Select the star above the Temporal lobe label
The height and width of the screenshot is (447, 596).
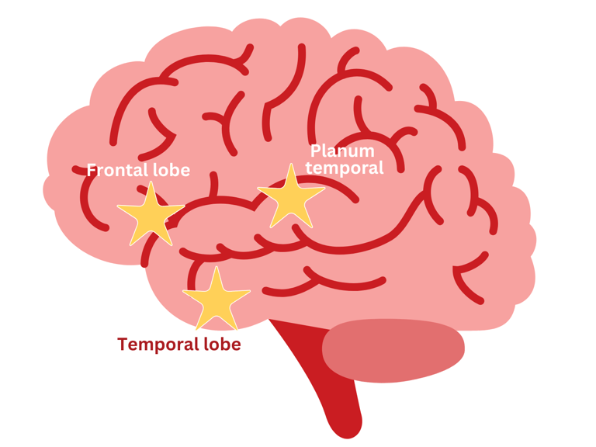point(215,300)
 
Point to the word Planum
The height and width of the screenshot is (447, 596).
point(342,151)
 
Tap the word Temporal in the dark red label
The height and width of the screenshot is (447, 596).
point(156,344)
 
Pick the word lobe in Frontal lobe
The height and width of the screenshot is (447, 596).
point(170,170)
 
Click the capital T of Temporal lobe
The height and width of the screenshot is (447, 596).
point(123,344)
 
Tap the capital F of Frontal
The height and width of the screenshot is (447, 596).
point(92,170)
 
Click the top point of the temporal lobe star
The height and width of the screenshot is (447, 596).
point(215,268)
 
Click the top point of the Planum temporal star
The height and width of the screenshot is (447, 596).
point(290,164)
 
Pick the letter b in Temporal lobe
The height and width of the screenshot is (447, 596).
point(227,344)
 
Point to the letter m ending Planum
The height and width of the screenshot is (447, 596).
point(366,151)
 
